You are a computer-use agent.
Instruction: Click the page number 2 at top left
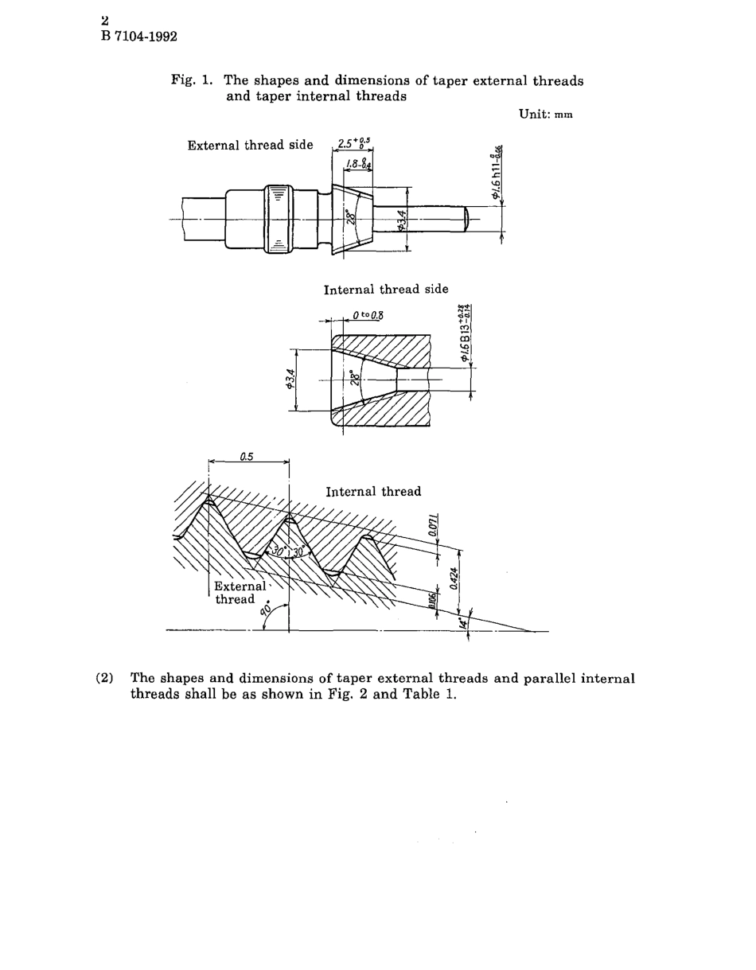pyautogui.click(x=104, y=21)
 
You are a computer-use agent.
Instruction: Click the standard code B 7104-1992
pyautogui.click(x=138, y=37)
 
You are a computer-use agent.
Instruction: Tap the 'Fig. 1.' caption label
pyautogui.click(x=193, y=80)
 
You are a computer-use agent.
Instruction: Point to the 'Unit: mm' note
pyautogui.click(x=545, y=114)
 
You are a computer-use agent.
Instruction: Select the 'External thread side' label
pyautogui.click(x=250, y=145)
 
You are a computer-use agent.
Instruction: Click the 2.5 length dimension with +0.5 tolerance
pyautogui.click(x=353, y=144)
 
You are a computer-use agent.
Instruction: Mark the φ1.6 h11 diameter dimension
pyautogui.click(x=497, y=173)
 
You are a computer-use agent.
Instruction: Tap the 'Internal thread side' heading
pyautogui.click(x=386, y=289)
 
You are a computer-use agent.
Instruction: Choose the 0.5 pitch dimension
pyautogui.click(x=246, y=457)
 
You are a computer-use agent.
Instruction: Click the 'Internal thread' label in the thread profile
pyautogui.click(x=373, y=492)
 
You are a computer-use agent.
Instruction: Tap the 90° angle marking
pyautogui.click(x=267, y=610)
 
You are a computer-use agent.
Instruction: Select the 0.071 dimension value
pyautogui.click(x=443, y=528)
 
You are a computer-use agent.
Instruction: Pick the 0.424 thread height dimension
pyautogui.click(x=454, y=578)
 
